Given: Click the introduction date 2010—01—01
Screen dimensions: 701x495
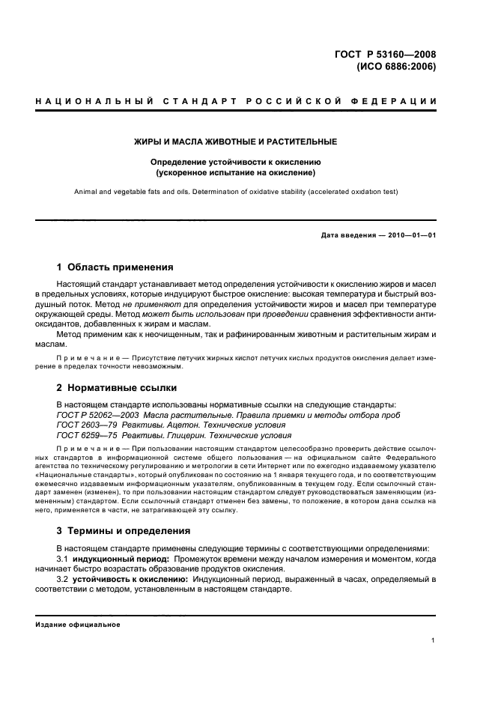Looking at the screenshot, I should [410, 236].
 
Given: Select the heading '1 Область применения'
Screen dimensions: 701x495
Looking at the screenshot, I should [115, 267].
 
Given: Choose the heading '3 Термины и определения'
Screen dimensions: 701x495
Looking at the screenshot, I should [124, 530].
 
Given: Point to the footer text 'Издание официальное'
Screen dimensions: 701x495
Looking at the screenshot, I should [78, 625].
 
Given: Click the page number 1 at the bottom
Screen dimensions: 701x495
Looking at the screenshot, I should [434, 640].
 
